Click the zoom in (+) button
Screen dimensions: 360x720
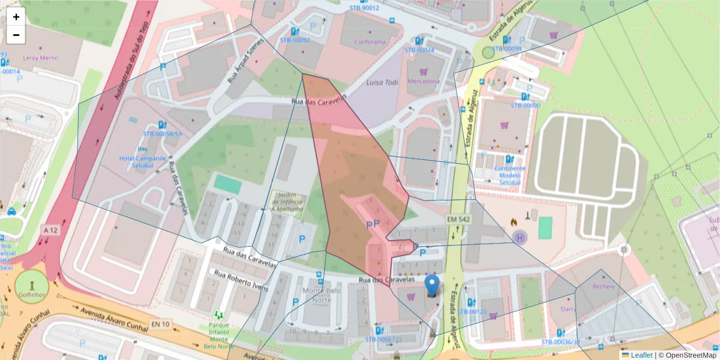coord(16,17)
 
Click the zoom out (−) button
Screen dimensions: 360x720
coord(16,35)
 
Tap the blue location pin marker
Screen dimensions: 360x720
coord(431,286)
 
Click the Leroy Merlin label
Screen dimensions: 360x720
coord(40,58)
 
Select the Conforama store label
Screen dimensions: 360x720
coord(370,42)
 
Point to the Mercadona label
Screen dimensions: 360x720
coord(423,81)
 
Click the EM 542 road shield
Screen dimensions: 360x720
coord(458,220)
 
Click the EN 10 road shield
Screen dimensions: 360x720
coord(160,325)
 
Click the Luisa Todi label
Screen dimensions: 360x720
coord(382,82)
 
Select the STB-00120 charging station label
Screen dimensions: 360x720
coord(472,311)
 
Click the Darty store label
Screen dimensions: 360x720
coord(568,309)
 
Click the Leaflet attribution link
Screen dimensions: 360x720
coord(641,355)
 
